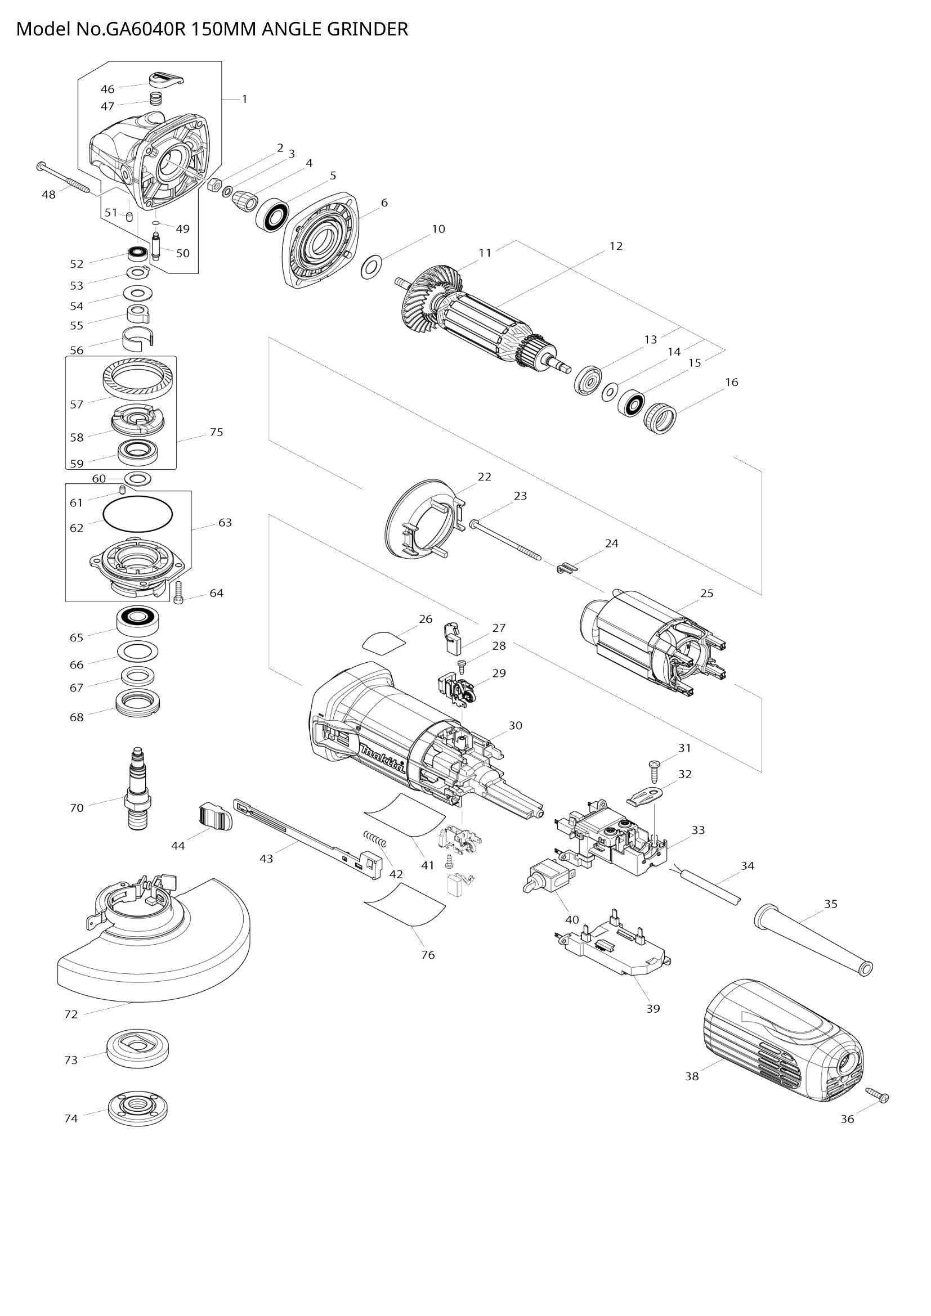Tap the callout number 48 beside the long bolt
(49, 195)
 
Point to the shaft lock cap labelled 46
(166, 79)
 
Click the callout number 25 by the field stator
(707, 593)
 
